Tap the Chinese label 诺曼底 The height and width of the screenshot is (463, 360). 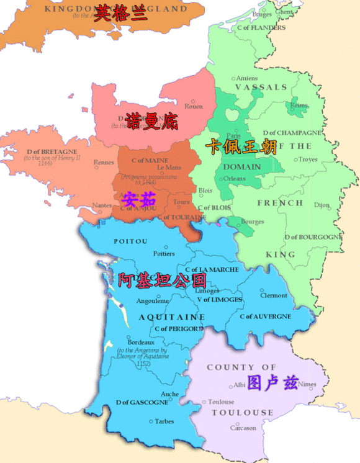click(151, 120)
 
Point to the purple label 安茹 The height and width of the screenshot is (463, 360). click(138, 200)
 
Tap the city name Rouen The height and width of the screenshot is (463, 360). click(194, 107)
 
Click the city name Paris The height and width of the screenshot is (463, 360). click(233, 135)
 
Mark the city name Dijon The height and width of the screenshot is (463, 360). click(322, 204)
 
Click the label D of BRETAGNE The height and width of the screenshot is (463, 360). click(52, 151)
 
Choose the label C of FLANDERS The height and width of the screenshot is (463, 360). click(261, 28)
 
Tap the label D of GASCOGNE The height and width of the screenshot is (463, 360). click(142, 402)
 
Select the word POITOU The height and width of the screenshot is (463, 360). click(130, 241)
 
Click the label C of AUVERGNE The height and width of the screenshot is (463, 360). click(265, 317)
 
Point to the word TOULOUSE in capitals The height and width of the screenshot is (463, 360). click(242, 413)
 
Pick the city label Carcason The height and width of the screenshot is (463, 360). click(243, 428)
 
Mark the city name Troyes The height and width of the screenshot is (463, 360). click(307, 160)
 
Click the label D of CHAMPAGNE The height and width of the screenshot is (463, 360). click(292, 133)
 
